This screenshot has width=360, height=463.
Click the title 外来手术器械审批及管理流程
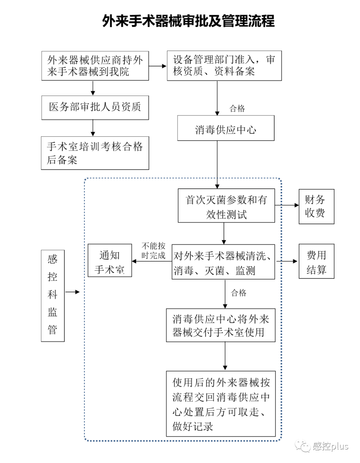pyautogui.click(x=188, y=21)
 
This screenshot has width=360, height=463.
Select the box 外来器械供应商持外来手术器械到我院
pyautogui.click(x=95, y=66)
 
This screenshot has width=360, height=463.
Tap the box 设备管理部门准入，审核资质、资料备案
pyautogui.click(x=224, y=65)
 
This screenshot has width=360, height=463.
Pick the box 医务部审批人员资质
pyautogui.click(x=95, y=107)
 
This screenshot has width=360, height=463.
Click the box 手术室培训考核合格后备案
pyautogui.click(x=95, y=153)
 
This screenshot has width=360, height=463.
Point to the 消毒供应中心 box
pyautogui.click(x=226, y=128)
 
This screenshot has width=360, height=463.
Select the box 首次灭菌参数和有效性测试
pyautogui.click(x=226, y=206)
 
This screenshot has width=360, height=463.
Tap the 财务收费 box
pyautogui.click(x=316, y=206)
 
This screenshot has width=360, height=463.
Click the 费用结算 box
pyautogui.click(x=316, y=261)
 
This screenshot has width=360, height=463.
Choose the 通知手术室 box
pyautogui.click(x=110, y=261)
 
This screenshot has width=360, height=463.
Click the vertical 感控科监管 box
pyautogui.click(x=53, y=295)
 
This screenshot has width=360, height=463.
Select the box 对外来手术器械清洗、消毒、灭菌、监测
pyautogui.click(x=223, y=262)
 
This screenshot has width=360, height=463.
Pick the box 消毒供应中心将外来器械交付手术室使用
pyautogui.click(x=221, y=325)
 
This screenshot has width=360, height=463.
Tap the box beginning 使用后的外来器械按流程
pyautogui.click(x=221, y=404)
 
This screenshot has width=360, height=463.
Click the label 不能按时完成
pyautogui.click(x=153, y=251)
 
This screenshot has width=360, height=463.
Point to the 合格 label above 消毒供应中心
pyautogui.click(x=237, y=108)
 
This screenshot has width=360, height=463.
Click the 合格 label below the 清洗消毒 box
pyautogui.click(x=239, y=293)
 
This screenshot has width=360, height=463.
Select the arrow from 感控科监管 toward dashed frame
pyautogui.click(x=72, y=292)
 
